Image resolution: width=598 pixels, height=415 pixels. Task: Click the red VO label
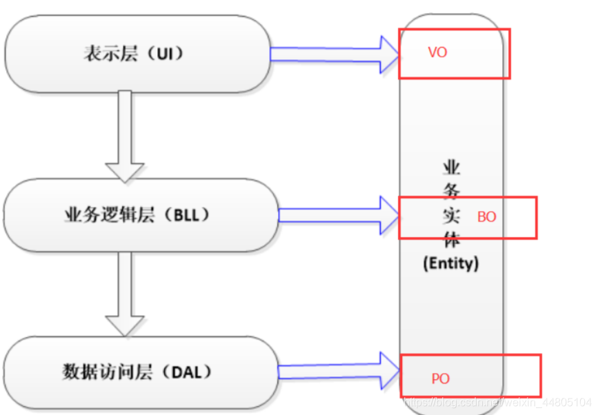click(x=437, y=52)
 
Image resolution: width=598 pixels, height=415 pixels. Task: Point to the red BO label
click(x=486, y=216)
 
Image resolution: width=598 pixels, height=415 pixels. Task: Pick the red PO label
click(x=440, y=378)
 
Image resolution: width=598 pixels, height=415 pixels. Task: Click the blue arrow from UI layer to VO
click(x=331, y=53)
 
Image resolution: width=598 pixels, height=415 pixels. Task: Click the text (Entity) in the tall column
click(x=450, y=263)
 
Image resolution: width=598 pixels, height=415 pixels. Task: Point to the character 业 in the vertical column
click(x=451, y=168)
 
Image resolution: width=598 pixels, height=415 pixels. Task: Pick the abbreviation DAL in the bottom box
click(x=183, y=373)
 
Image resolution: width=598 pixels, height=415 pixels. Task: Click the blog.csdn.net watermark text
click(x=497, y=401)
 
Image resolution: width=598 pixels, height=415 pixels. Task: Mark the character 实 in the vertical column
click(x=451, y=216)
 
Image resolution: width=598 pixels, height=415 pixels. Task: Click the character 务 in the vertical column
click(x=451, y=192)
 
